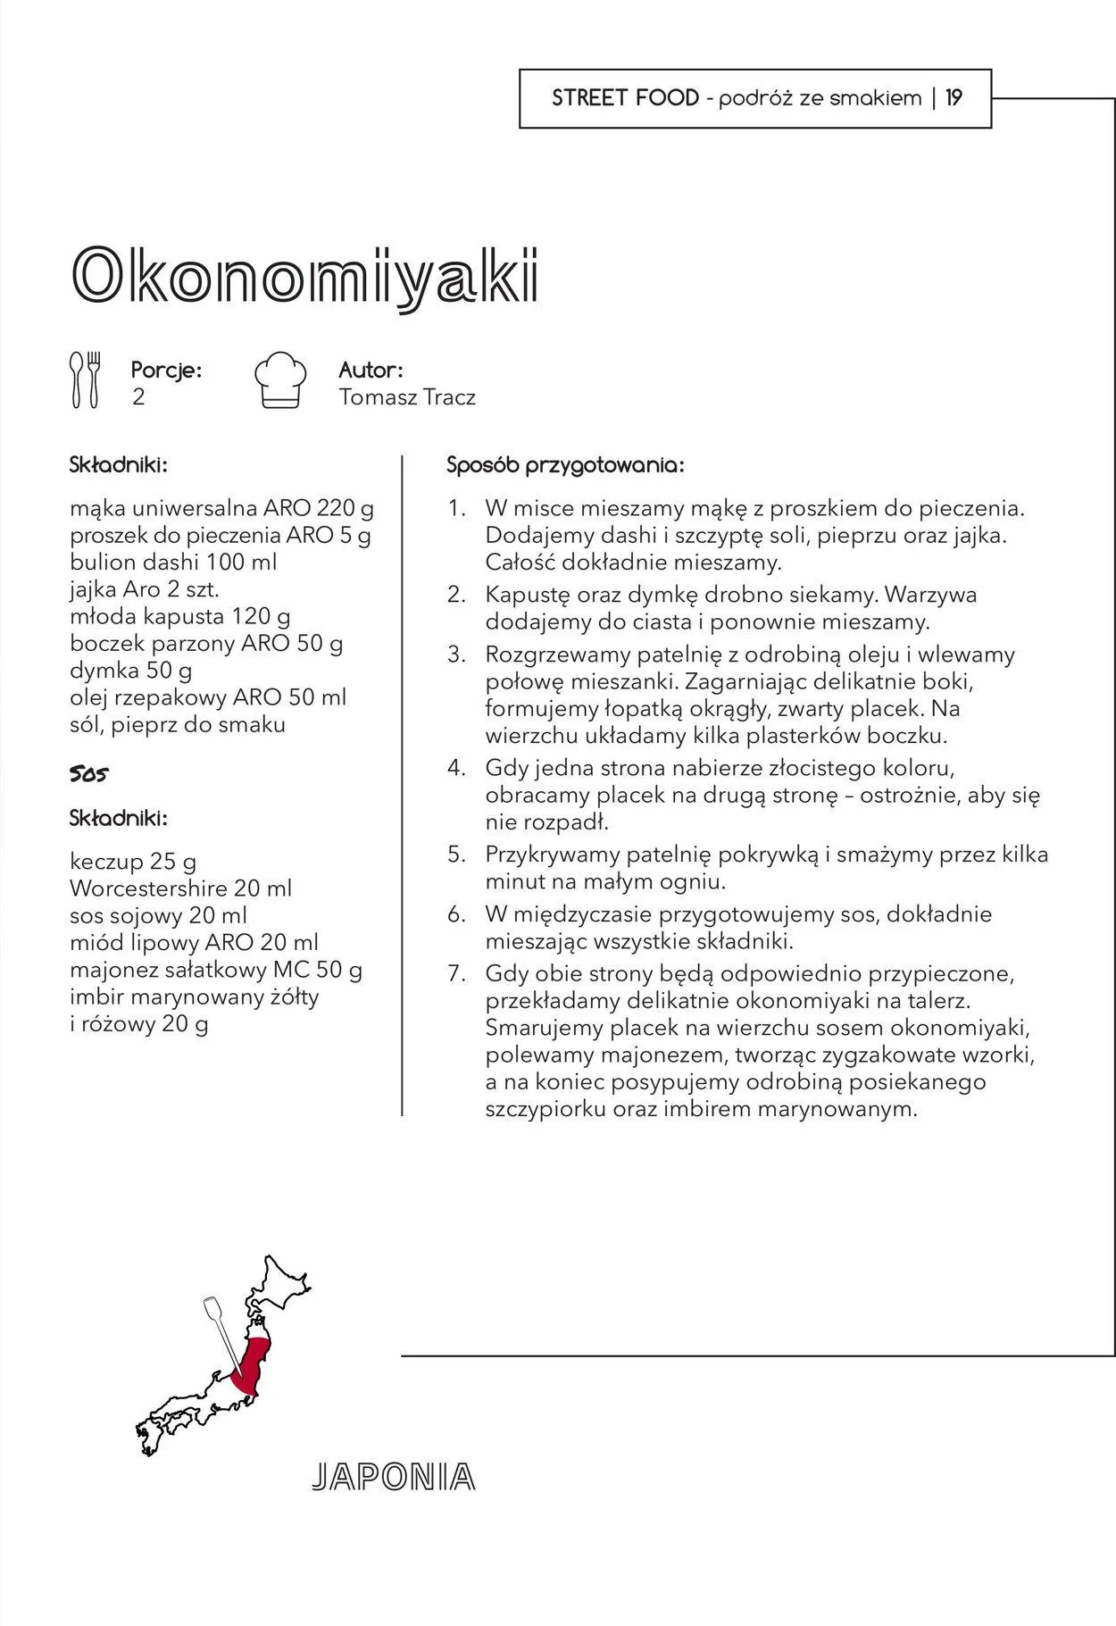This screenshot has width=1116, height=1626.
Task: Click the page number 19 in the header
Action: [x=954, y=98]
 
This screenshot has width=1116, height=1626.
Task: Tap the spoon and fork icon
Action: [x=86, y=379]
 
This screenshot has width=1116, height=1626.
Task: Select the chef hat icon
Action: [x=280, y=380]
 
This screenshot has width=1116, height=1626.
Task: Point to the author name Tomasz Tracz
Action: [x=407, y=397]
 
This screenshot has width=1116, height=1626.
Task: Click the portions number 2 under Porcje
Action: [x=138, y=397]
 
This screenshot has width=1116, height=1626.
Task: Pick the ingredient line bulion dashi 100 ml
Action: [x=173, y=563]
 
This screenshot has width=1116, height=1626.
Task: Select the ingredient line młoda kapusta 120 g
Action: [x=179, y=616]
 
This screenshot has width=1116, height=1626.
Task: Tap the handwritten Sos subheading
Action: [x=88, y=774]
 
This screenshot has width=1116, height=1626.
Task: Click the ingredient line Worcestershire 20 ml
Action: [x=180, y=888]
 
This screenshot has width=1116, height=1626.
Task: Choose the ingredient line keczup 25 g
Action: [x=133, y=862]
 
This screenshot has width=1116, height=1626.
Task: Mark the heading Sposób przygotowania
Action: [x=565, y=465]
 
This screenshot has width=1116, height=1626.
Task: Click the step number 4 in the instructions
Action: [x=457, y=768]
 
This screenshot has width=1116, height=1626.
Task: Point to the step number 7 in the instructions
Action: [x=457, y=973]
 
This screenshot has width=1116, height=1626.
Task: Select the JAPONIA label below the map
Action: [x=393, y=1478]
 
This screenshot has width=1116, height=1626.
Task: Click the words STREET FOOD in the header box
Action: [x=625, y=98]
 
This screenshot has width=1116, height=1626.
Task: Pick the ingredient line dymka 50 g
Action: [x=130, y=671]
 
